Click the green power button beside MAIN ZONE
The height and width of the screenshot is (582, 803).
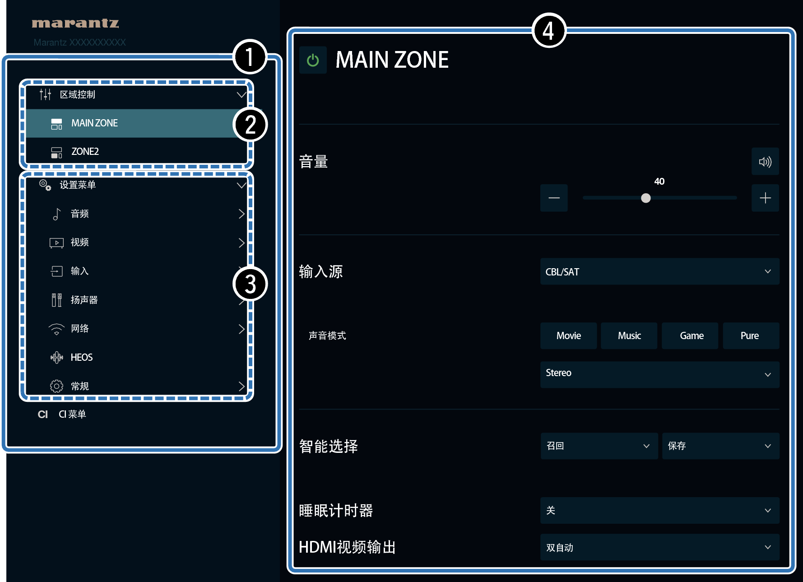coord(313,60)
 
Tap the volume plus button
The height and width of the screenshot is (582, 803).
coord(765,198)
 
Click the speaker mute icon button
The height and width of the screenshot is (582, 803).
coord(765,161)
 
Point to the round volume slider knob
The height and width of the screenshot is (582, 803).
coord(646,198)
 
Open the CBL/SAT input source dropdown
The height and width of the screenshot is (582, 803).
coord(659,271)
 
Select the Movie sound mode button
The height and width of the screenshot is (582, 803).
coord(568,335)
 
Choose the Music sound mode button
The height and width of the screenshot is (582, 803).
coord(629,335)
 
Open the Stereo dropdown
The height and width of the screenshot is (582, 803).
coord(659,374)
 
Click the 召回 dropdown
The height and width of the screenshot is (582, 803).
coord(599,446)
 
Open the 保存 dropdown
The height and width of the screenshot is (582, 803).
coord(720,446)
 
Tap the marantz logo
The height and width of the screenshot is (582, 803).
coord(75,23)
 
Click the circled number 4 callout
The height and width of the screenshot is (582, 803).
coord(549,31)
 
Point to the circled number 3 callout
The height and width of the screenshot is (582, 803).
coord(250,284)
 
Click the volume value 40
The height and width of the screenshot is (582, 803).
coord(659,182)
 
